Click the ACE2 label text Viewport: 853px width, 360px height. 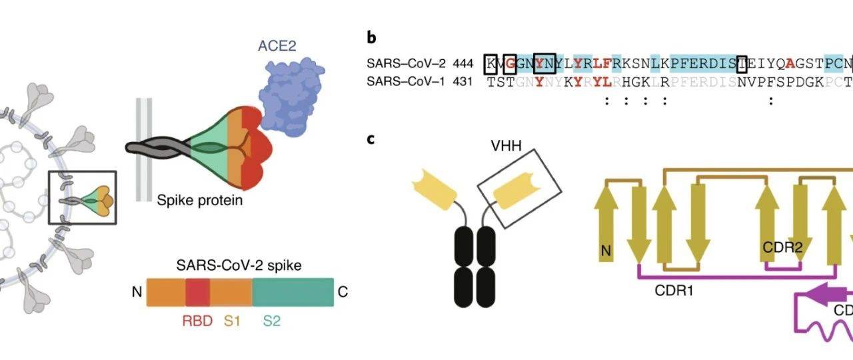click(x=277, y=46)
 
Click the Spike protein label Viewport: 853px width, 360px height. click(x=200, y=199)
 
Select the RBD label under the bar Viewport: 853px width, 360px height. click(x=197, y=321)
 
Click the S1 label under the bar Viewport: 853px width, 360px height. click(x=232, y=321)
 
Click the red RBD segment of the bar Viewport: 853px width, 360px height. click(x=197, y=293)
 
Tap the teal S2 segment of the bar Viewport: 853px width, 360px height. click(x=293, y=293)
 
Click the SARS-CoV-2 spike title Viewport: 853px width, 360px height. click(x=239, y=265)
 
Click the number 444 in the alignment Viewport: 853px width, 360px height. click(x=462, y=64)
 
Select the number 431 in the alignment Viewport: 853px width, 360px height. click(x=462, y=82)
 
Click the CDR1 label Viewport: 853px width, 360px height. click(x=674, y=291)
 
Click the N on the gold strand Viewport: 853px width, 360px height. click(x=606, y=251)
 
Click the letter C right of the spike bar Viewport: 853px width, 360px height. click(x=343, y=292)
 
